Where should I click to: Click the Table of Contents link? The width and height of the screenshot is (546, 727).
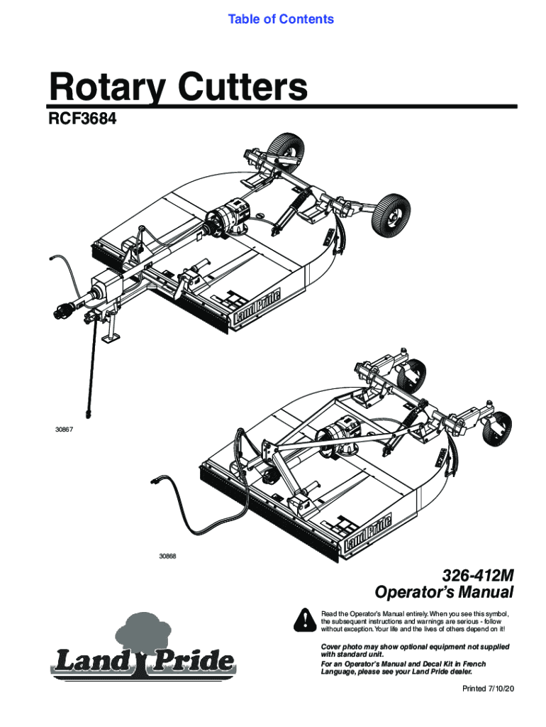pos(281,19)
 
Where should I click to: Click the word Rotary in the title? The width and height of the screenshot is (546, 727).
pos(99,88)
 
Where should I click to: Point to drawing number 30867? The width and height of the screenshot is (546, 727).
pos(64,430)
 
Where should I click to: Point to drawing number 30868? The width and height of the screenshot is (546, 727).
pos(167,555)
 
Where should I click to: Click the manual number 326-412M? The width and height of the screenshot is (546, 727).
pos(477,575)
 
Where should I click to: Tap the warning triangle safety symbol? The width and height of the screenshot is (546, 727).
pos(303,620)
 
